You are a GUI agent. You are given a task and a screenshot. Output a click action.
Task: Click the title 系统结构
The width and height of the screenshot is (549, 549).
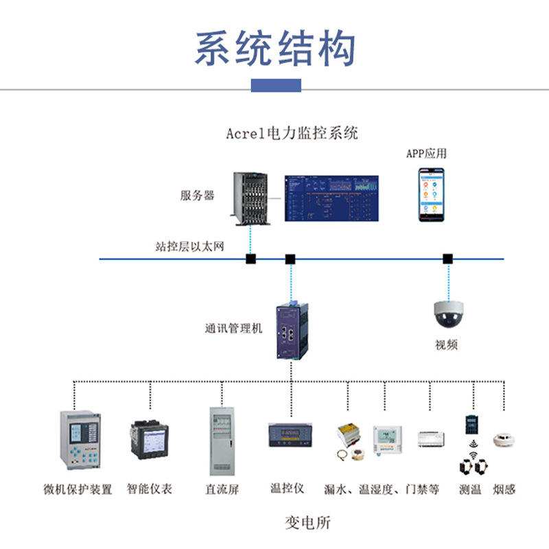[275, 49]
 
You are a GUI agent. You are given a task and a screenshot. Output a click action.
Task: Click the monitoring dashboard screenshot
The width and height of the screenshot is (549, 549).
[331, 198]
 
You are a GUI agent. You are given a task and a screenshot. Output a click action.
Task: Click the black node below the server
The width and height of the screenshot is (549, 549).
[251, 259]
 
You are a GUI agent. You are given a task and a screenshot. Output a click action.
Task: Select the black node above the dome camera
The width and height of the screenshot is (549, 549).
[447, 259]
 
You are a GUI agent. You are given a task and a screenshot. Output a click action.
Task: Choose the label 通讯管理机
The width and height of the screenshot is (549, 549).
[233, 328]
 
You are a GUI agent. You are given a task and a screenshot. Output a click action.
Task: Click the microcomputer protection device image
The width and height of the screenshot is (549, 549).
[80, 440]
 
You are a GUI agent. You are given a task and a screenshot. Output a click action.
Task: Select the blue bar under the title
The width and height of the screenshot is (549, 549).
[276, 85]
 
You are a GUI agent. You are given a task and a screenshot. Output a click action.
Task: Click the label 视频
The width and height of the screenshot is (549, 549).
[446, 344]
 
